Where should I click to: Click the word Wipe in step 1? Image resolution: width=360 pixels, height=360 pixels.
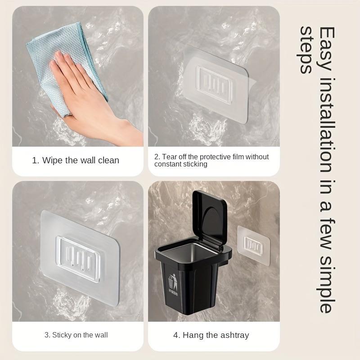pyautogui.click(x=53, y=160)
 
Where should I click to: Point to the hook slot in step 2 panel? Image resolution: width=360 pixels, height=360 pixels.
pyautogui.click(x=217, y=81)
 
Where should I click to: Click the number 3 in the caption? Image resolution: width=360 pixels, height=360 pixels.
pyautogui.click(x=46, y=335)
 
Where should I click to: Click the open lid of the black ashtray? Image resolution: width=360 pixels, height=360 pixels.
pyautogui.click(x=210, y=219)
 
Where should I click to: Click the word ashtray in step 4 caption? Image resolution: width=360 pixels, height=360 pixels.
pyautogui.click(x=234, y=335)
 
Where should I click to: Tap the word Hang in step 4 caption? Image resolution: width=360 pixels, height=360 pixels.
pyautogui.click(x=192, y=335)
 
